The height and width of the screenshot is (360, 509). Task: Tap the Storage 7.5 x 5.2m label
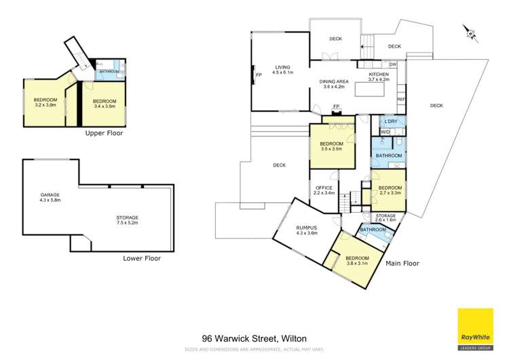pyautogui.click(x=128, y=219)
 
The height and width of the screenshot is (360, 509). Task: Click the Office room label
pyautogui.click(x=323, y=190)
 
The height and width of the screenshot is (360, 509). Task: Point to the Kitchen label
pyautogui.click(x=379, y=77)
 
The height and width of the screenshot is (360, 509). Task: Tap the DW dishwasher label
pyautogui.click(x=393, y=65)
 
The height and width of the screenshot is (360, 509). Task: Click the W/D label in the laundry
pyautogui.click(x=385, y=132)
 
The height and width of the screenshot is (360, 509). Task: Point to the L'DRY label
pyautogui.click(x=390, y=121)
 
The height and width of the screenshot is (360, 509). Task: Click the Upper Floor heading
pyautogui.click(x=104, y=134)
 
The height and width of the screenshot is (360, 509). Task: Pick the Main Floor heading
pyautogui.click(x=402, y=264)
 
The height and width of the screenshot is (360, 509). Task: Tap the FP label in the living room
pyautogui.click(x=257, y=75)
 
